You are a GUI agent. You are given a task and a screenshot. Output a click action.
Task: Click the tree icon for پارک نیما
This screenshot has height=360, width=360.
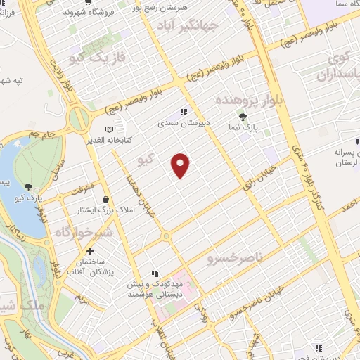tap(243, 117)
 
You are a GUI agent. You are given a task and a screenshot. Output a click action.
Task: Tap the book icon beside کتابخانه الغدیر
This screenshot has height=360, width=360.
tap(108, 129)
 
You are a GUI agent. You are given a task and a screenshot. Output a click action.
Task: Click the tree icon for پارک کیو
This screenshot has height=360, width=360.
tap(28, 187)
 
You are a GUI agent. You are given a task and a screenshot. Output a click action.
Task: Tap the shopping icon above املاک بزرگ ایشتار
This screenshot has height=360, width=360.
tap(106, 199)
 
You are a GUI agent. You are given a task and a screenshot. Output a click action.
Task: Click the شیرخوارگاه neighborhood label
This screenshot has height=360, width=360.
tap(84, 231)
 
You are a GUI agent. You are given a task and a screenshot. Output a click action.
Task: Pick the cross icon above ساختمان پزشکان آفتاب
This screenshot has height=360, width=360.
tap(90, 251)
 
